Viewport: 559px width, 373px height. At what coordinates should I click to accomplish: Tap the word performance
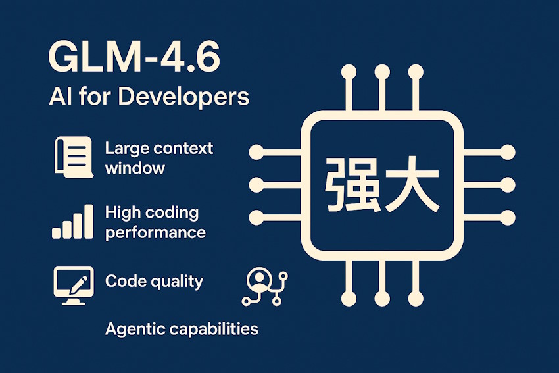click(155, 232)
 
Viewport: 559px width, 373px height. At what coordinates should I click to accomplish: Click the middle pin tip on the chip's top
click(379, 70)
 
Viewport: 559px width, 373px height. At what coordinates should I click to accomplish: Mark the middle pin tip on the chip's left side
click(256, 184)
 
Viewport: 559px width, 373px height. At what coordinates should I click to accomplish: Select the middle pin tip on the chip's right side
click(507, 184)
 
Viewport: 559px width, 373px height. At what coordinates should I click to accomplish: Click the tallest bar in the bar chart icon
click(87, 222)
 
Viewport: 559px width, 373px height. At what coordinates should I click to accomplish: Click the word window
click(135, 168)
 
